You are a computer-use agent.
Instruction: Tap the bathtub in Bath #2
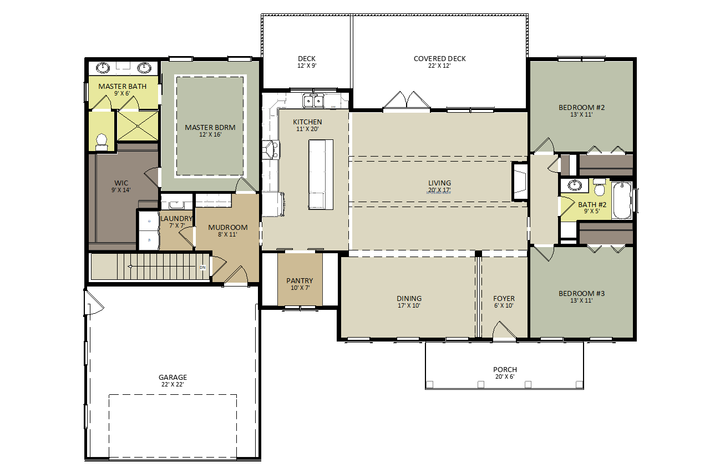coord(622,201)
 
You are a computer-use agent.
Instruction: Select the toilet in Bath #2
coord(599,187)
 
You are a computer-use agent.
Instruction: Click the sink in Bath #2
coord(574,185)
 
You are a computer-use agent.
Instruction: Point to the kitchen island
coord(321,174)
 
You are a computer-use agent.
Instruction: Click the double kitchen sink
coord(313,101)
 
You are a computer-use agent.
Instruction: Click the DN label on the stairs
coord(202,267)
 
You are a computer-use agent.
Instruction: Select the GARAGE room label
coord(173,377)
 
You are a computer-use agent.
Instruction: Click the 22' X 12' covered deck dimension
coord(439,66)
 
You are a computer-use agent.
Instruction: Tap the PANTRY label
coord(300,280)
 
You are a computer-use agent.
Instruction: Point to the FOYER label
coord(504,298)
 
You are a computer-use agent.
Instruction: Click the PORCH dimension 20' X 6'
coord(505,376)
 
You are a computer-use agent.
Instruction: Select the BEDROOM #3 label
coord(581,293)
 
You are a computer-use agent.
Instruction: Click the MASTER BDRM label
coord(210,127)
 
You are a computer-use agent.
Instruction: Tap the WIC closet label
coord(121,183)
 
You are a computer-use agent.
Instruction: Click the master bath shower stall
coord(138,126)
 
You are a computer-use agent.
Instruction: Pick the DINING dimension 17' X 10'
coord(409,305)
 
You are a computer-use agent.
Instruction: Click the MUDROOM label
coord(228,228)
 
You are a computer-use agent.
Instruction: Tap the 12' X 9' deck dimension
coord(307,66)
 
